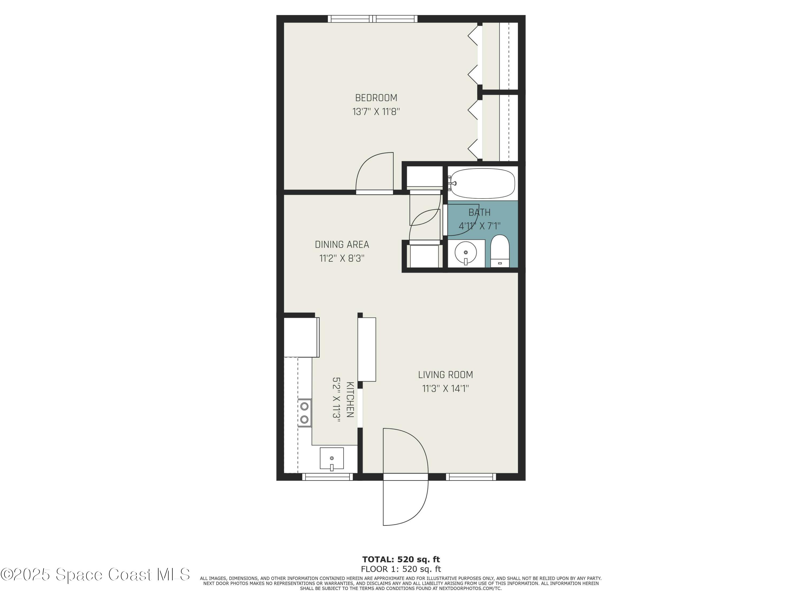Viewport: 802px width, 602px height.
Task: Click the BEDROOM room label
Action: click(376, 98)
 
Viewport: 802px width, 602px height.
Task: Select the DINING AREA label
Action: click(342, 245)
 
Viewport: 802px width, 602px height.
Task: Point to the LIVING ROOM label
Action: click(445, 375)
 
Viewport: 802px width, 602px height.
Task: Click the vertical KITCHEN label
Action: click(350, 399)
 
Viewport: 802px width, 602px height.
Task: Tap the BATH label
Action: click(479, 212)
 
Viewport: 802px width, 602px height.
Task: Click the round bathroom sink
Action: click(465, 253)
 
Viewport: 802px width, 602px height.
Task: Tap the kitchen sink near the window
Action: click(331, 459)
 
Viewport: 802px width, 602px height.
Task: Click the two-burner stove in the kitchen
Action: click(304, 413)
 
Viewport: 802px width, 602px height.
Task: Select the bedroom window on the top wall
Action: click(372, 19)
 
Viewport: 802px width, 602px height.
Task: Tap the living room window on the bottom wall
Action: click(471, 477)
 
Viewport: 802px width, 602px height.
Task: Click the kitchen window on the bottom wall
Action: click(327, 477)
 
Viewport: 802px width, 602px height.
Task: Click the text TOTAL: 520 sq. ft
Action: click(401, 559)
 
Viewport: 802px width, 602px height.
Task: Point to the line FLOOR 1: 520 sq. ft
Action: click(401, 569)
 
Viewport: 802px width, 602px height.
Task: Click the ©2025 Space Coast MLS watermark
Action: click(95, 574)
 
